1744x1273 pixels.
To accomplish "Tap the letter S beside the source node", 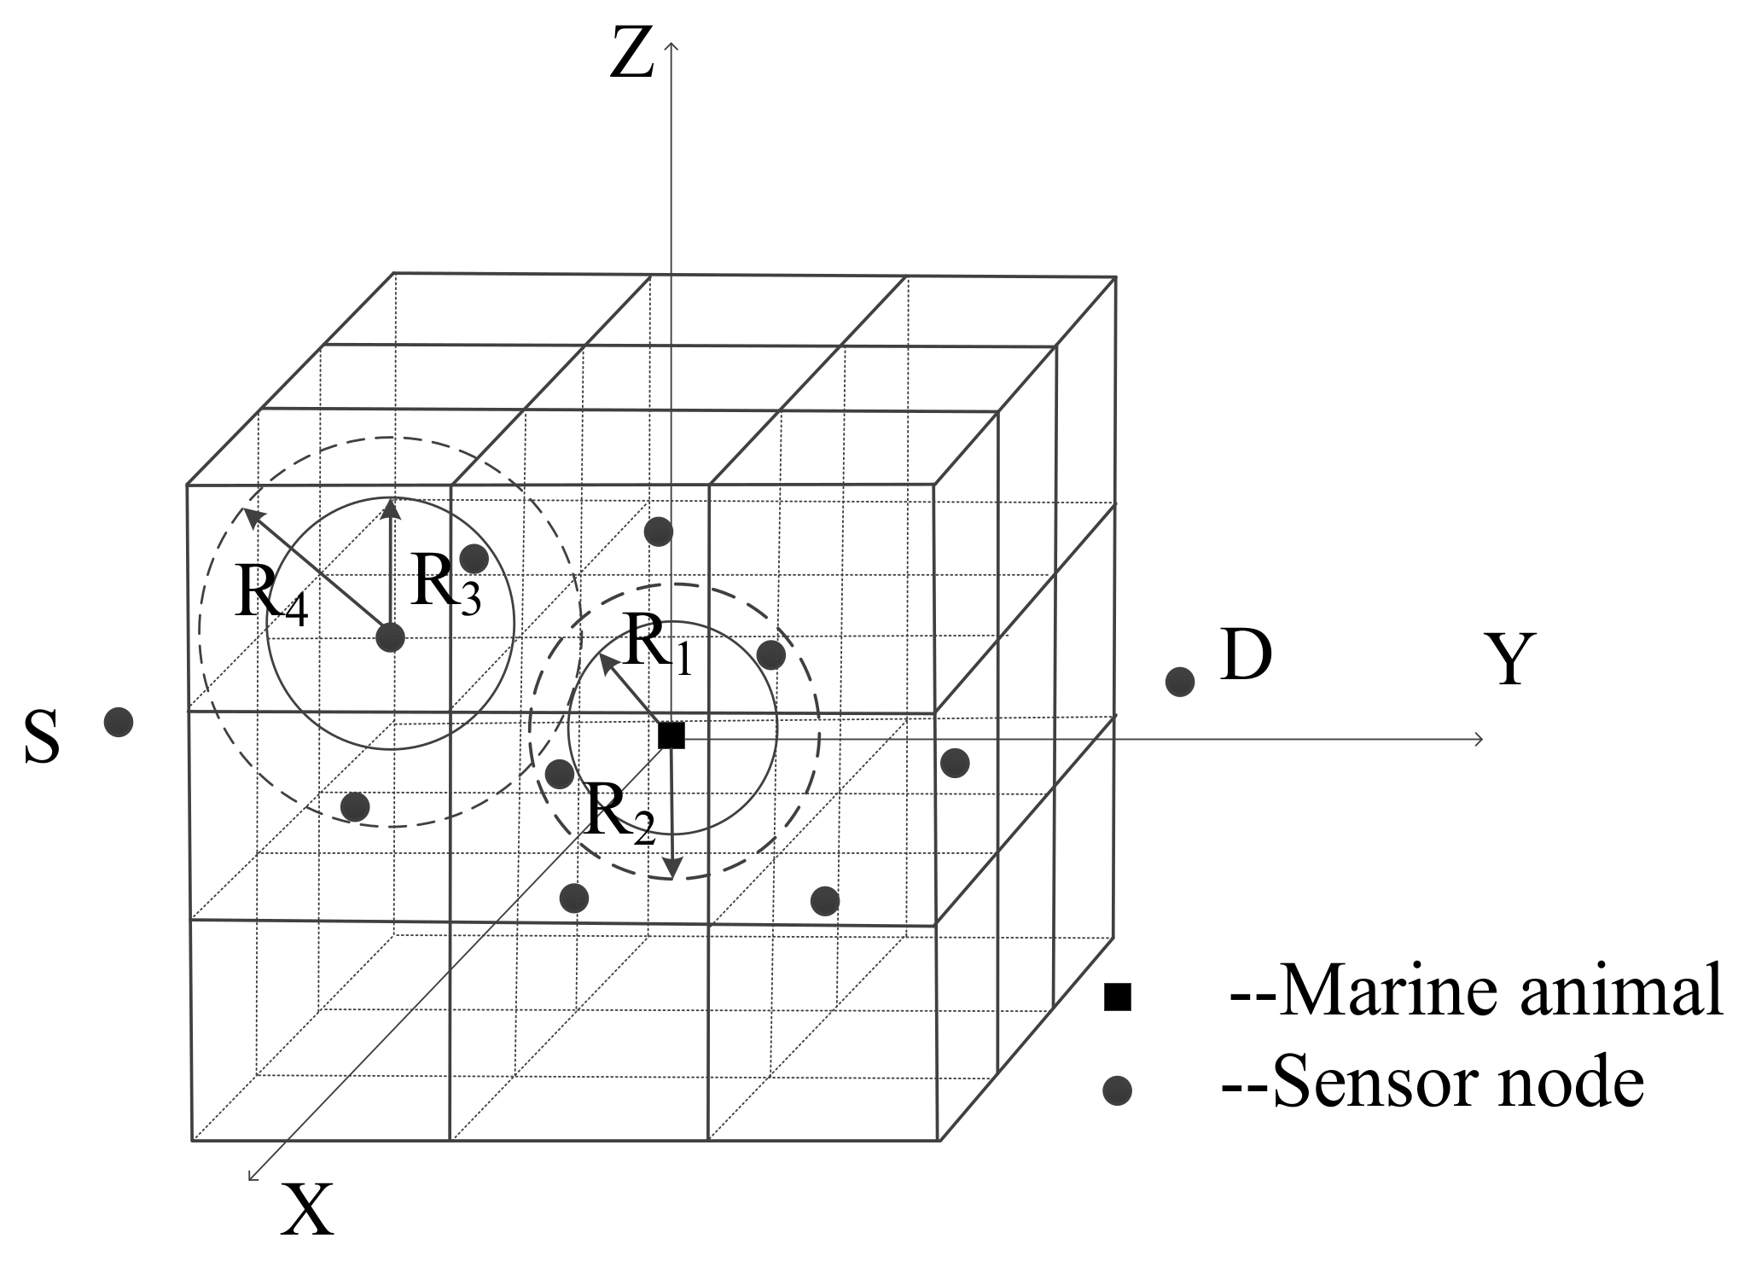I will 42,738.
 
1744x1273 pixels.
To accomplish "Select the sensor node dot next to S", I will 119,723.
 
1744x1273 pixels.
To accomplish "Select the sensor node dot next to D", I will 1180,682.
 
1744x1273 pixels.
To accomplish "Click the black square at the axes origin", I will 671,735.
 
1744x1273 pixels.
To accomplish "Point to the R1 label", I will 657,644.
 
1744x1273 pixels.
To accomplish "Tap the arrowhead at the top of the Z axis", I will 671,44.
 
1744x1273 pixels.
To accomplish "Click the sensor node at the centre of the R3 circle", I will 390,637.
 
